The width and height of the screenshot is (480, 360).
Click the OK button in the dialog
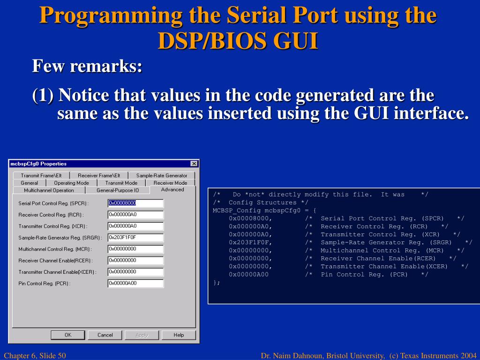(68, 335)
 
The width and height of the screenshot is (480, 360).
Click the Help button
(179, 335)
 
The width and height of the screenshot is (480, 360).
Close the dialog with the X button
(194, 164)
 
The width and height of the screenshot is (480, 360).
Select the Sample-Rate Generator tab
(162, 175)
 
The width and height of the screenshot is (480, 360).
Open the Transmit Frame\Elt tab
(41, 175)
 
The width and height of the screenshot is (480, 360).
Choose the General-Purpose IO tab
(118, 190)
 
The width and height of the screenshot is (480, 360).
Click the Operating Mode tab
(71, 183)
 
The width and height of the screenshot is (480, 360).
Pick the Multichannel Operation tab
(49, 190)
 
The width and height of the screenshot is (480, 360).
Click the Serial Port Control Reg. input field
(135, 203)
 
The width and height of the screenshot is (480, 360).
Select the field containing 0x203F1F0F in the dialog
(135, 237)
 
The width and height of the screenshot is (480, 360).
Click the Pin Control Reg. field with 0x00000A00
(135, 283)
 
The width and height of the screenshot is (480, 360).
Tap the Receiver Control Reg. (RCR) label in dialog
(51, 215)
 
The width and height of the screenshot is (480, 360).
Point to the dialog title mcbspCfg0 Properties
(38, 164)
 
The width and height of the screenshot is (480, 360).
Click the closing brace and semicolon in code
(216, 283)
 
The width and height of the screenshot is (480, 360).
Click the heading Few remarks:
(87, 66)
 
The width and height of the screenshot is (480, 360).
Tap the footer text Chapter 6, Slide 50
(35, 356)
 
